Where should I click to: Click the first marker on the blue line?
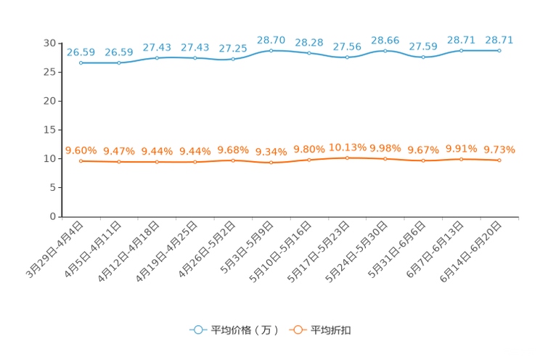[81, 63]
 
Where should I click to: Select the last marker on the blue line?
[499, 51]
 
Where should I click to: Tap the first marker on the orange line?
[81, 161]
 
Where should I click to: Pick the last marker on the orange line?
[499, 160]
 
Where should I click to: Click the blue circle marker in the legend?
[197, 330]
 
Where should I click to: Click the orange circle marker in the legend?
[297, 330]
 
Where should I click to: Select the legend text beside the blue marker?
[244, 330]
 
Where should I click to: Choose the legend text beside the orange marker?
[332, 330]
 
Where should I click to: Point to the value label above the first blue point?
[81, 52]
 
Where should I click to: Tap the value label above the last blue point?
[499, 40]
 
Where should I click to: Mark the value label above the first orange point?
[81, 150]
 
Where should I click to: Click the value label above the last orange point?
[499, 150]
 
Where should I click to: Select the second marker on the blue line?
[119, 63]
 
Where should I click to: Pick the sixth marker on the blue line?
[271, 51]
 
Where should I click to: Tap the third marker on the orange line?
[157, 162]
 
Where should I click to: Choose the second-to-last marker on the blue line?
[461, 51]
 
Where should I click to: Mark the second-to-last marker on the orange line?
[461, 159]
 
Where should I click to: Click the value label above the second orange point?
[119, 151]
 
